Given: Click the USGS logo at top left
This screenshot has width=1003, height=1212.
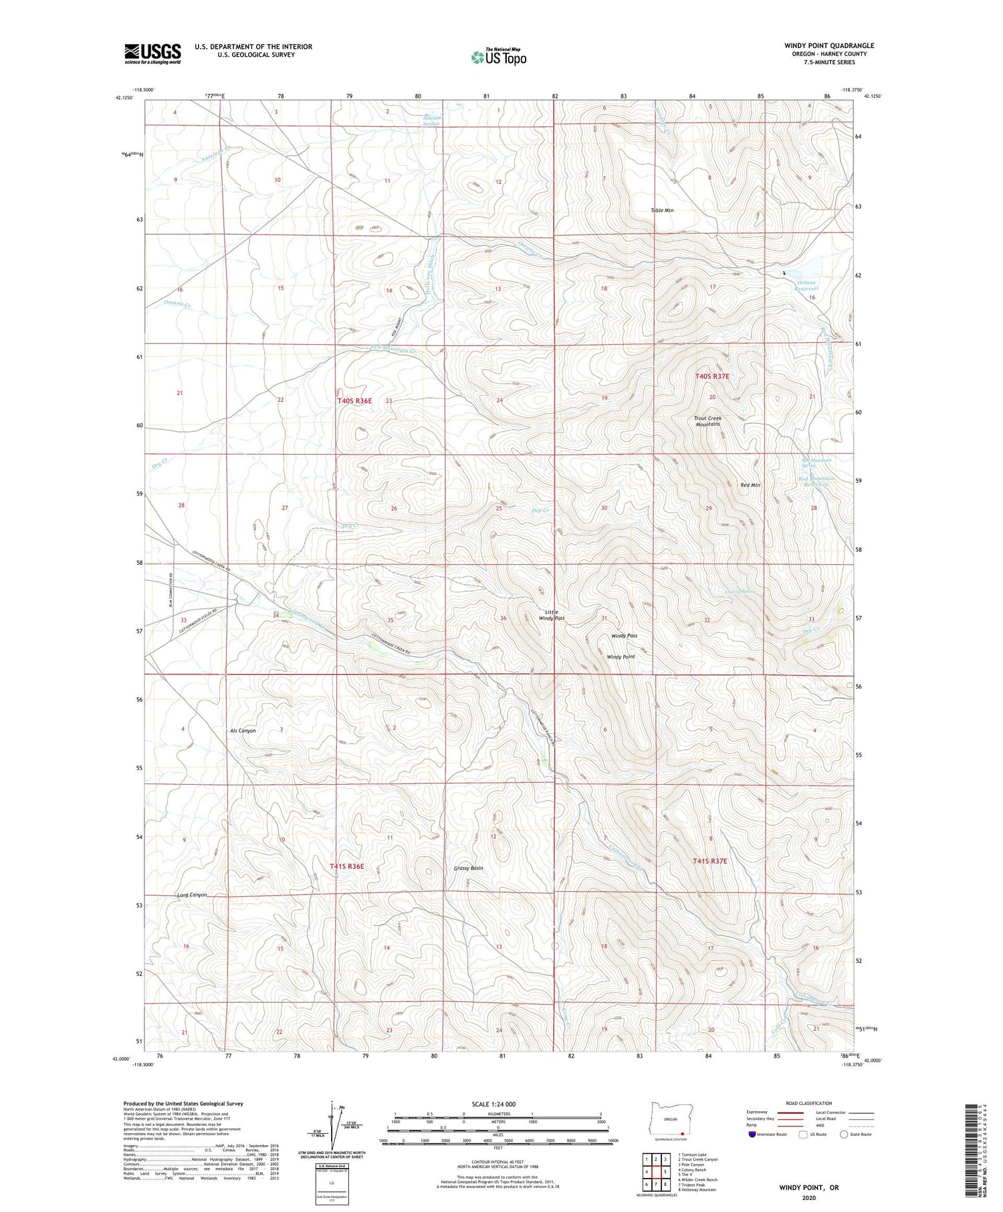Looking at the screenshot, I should (152, 53).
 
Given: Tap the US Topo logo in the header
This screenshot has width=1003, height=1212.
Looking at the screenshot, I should (498, 57).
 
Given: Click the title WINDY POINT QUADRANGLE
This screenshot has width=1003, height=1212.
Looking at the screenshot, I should (828, 45).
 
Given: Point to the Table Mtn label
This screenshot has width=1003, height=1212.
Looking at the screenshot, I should (662, 211).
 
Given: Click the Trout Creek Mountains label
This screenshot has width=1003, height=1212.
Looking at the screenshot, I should (707, 421).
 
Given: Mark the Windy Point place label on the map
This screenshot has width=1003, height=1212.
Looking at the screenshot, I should (621, 657).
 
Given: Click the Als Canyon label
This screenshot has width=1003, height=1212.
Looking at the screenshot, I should (242, 731).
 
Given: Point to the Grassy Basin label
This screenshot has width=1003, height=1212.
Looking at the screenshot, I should (468, 868).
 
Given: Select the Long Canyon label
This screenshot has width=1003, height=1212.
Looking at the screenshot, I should (192, 895).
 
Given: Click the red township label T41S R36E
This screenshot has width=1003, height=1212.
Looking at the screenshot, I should (346, 866).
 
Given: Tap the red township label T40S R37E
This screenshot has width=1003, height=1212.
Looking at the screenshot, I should (712, 376).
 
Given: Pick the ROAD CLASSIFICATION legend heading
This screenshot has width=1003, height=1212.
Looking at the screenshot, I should (809, 1103).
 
